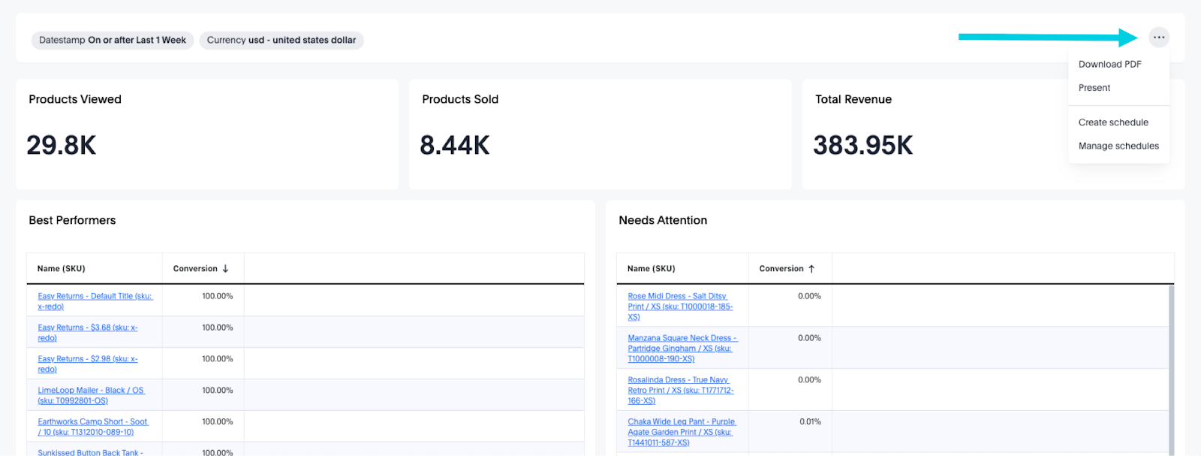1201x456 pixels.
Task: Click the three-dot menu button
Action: pos(1159,38)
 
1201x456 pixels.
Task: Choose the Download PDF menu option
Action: pos(1109,65)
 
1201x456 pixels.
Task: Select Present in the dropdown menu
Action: pos(1094,88)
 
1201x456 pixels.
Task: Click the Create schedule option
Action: pos(1113,122)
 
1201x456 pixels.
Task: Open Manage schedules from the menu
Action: pos(1118,146)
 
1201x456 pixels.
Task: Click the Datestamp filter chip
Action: pos(113,41)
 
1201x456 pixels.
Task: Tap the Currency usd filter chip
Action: pos(281,41)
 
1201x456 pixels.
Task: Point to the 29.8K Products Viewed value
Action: pos(62,145)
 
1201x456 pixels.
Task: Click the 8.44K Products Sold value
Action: pos(455,145)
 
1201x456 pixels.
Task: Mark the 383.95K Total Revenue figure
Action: pos(863,145)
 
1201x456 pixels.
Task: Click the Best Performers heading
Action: pos(72,220)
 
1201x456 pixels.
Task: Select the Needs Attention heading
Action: pos(663,220)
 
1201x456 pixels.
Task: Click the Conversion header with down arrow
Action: pos(200,269)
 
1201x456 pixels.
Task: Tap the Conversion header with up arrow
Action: pos(787,269)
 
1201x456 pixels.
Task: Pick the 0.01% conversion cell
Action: pos(810,422)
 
